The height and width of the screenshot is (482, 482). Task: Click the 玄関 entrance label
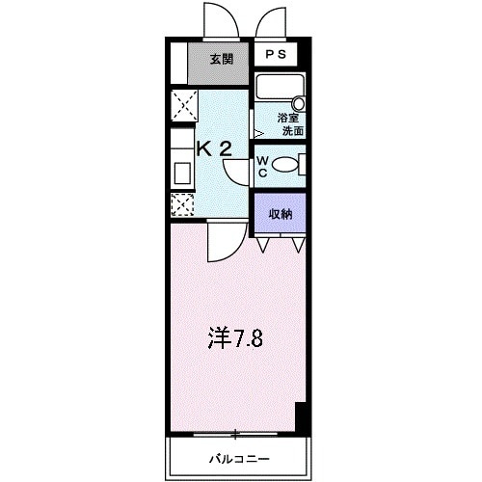click(x=222, y=59)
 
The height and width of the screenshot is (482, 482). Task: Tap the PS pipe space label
click(x=277, y=54)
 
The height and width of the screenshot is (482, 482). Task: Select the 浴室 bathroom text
click(x=288, y=118)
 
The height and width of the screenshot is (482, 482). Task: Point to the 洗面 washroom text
click(x=288, y=130)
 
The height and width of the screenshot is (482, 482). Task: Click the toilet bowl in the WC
click(x=286, y=165)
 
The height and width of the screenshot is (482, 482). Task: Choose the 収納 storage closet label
click(x=281, y=213)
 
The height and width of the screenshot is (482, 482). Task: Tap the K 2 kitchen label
click(x=214, y=148)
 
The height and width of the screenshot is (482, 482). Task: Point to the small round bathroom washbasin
click(x=298, y=102)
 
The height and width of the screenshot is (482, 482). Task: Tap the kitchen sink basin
click(x=181, y=174)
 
